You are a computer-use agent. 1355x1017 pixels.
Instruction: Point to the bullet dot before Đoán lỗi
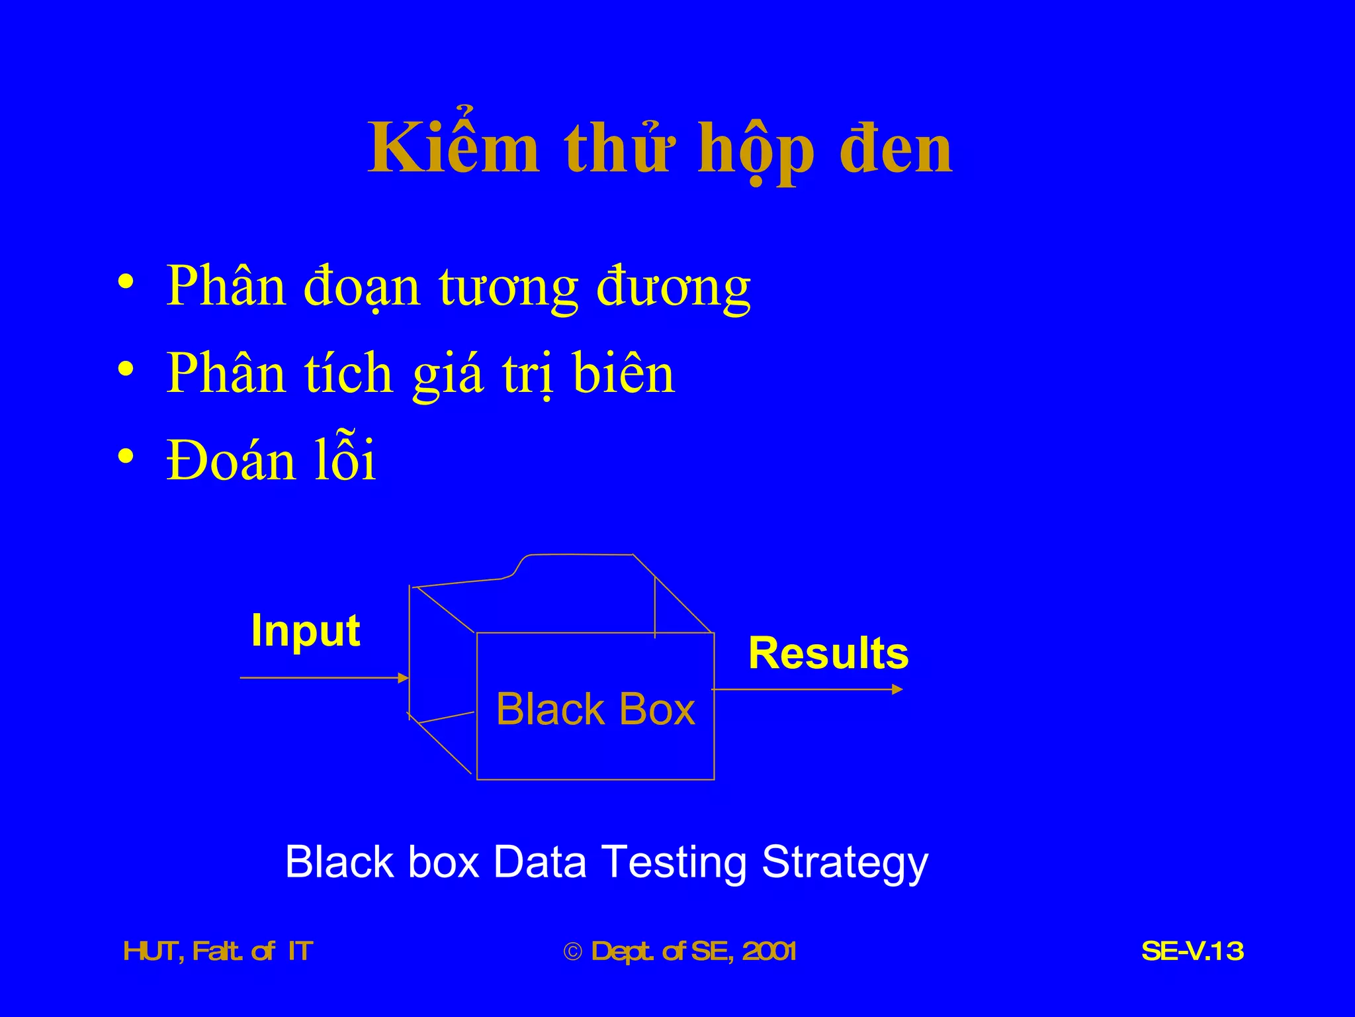tap(126, 456)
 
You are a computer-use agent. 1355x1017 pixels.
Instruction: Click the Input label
tap(306, 630)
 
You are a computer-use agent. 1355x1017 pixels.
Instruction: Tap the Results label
tap(828, 654)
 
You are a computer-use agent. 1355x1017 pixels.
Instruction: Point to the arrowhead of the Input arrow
tap(403, 677)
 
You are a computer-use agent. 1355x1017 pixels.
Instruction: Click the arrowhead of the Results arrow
tap(897, 689)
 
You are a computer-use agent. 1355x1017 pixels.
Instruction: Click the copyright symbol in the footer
tap(573, 952)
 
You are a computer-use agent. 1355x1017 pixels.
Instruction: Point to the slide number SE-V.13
tap(1192, 951)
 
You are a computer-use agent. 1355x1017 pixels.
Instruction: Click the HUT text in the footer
tap(150, 951)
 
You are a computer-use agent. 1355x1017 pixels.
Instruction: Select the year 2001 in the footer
tap(769, 951)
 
